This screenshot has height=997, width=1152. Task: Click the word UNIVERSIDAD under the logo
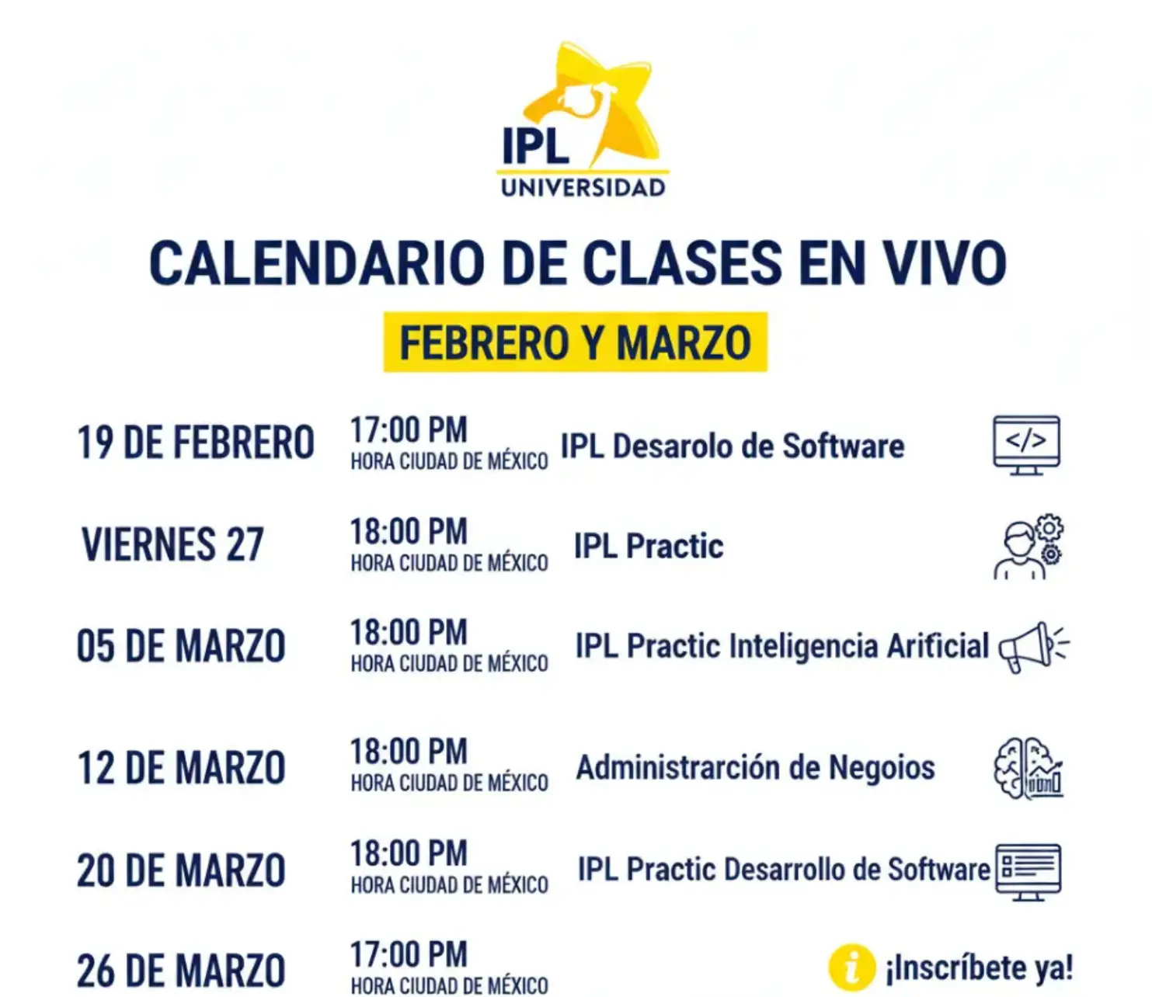[583, 188]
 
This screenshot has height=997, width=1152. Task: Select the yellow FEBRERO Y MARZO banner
[575, 342]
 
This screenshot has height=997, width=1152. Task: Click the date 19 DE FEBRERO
[196, 443]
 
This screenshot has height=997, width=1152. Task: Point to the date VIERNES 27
[172, 544]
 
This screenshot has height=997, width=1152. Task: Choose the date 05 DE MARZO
[181, 646]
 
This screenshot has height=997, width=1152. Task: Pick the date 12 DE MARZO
[181, 768]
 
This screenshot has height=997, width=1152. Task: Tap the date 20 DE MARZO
[181, 870]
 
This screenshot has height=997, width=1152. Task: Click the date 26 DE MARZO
[181, 971]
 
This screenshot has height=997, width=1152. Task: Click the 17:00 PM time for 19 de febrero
[409, 430]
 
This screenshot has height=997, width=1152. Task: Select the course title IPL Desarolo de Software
[733, 446]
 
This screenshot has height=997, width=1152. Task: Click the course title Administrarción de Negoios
[755, 767]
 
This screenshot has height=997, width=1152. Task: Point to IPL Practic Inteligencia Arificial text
[782, 646]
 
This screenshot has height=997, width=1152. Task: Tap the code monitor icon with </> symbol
[1027, 445]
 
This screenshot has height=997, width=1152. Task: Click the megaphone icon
[1032, 648]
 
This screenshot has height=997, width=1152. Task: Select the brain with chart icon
[1028, 768]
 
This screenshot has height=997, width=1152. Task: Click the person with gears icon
[1028, 547]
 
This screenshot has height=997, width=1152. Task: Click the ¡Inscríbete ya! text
[980, 968]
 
